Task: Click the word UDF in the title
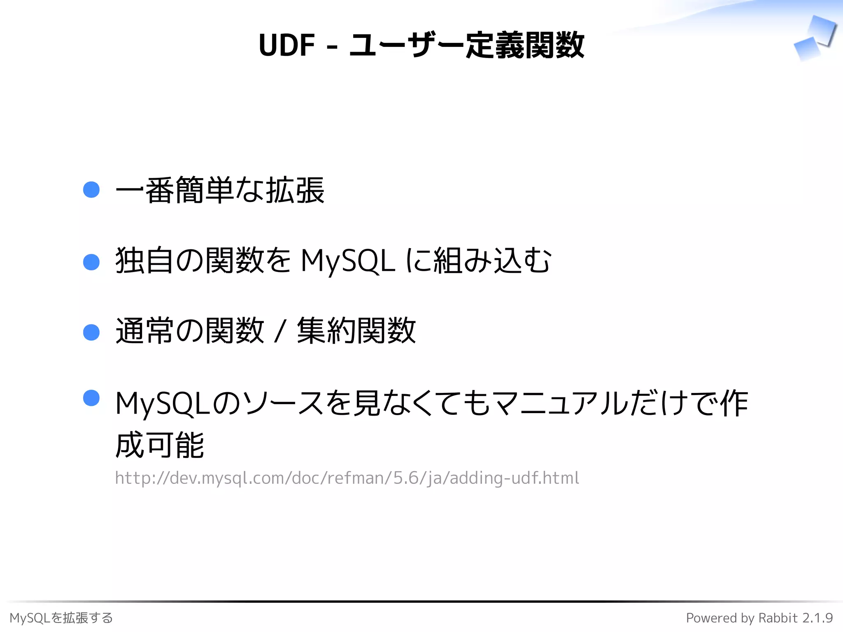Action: (286, 45)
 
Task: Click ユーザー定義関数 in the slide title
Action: (466, 45)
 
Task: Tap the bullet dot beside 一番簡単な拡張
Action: (91, 190)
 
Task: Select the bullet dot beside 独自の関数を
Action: (91, 262)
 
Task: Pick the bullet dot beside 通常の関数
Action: (91, 332)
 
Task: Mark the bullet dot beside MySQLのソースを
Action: (91, 398)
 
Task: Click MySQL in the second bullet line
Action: (348, 261)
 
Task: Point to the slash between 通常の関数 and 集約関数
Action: (280, 332)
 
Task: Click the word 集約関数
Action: (356, 331)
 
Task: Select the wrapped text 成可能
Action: (160, 445)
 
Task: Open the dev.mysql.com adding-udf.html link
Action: (347, 478)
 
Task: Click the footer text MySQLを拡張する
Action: (61, 618)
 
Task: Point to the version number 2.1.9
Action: (817, 618)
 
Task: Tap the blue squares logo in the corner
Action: (815, 38)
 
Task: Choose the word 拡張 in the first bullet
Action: (295, 190)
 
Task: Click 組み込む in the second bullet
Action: (492, 261)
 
